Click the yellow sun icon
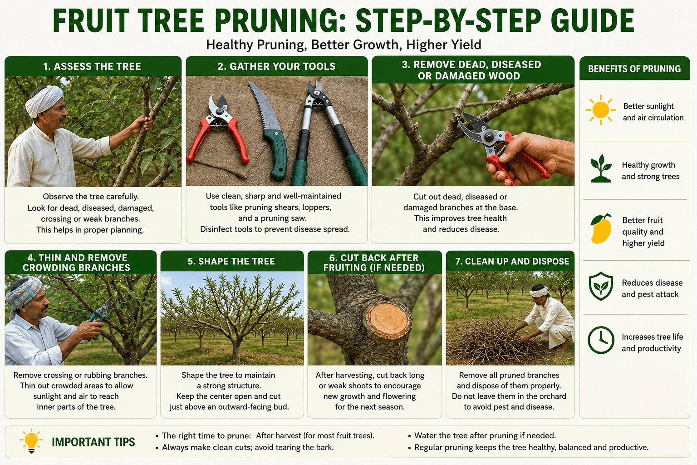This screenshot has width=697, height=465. coord(600,110)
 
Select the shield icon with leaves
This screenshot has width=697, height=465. coord(601,286)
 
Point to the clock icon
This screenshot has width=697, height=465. coord(601,340)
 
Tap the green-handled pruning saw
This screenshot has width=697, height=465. coord(269,131)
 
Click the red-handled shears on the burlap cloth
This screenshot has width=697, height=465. coord(217,129)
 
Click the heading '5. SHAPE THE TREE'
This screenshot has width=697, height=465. coord(231,261)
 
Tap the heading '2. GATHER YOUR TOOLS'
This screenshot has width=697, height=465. coord(276,66)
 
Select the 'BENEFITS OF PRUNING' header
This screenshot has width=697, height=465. coord(634,69)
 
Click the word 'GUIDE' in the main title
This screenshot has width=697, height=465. coord(593,20)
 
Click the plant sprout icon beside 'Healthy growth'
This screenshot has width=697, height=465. coord(601,168)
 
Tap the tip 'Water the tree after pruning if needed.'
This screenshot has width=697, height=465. coord(485,435)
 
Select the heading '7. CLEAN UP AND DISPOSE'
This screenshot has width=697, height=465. coord(512,261)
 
